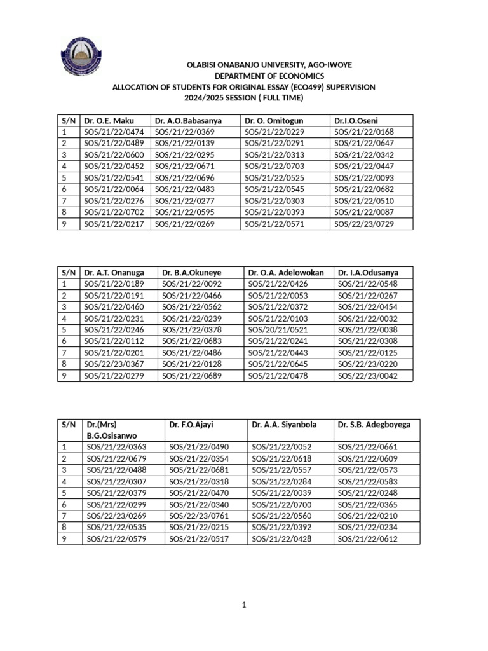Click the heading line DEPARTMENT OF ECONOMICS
pyautogui.click(x=243, y=76)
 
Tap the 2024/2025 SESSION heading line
pyautogui.click(x=244, y=97)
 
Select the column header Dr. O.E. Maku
pyautogui.click(x=109, y=121)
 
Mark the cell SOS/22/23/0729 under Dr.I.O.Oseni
pyautogui.click(x=364, y=224)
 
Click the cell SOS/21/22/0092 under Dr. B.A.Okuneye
pyautogui.click(x=192, y=284)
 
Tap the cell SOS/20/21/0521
pyautogui.click(x=278, y=330)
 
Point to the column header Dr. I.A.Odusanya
pyautogui.click(x=369, y=273)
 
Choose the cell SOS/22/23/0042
pyautogui.click(x=367, y=376)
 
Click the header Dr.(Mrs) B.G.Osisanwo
pyautogui.click(x=112, y=430)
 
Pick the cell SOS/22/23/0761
pyautogui.click(x=199, y=516)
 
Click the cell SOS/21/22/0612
pyautogui.click(x=367, y=539)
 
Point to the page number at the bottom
pyautogui.click(x=243, y=605)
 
